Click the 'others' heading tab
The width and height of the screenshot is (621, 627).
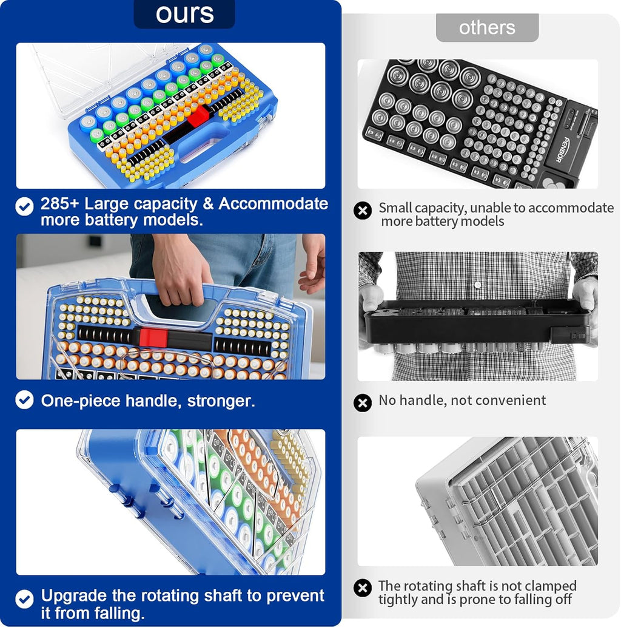click(x=487, y=27)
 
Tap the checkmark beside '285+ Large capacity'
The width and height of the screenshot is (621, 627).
click(x=24, y=207)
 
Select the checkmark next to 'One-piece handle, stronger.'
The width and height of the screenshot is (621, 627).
click(x=24, y=399)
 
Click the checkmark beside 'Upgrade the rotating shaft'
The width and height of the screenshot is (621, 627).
click(x=24, y=599)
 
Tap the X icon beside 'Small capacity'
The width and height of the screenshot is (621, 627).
click(x=363, y=211)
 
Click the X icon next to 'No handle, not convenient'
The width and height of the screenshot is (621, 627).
click(x=363, y=402)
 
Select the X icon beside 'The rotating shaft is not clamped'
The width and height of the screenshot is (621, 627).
click(x=363, y=588)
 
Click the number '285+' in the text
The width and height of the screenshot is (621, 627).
click(x=61, y=204)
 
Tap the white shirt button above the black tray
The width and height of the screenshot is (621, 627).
click(x=477, y=285)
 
